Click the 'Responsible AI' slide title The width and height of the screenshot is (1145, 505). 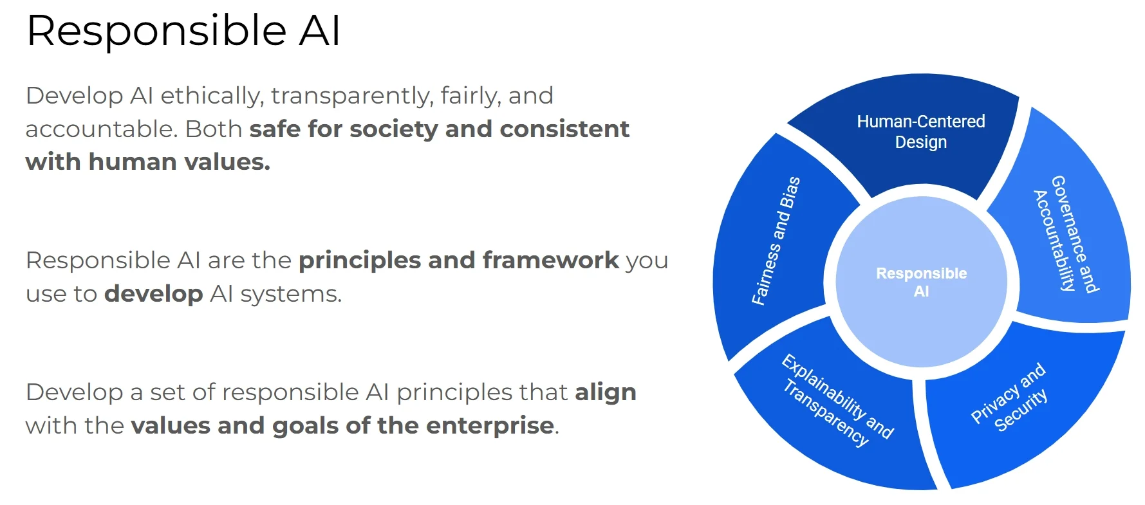tap(183, 31)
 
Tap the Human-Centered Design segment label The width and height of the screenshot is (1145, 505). tap(920, 131)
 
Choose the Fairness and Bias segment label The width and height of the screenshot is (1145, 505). tap(776, 241)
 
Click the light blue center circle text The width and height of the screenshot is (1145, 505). tap(921, 282)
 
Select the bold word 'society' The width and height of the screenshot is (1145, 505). tap(393, 129)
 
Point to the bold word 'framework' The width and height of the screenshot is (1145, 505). tap(550, 261)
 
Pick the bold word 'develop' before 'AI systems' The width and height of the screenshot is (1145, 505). tap(153, 294)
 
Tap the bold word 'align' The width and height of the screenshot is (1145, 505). tap(605, 392)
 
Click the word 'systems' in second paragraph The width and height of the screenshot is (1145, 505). tap(291, 294)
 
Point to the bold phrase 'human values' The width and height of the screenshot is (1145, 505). tap(179, 162)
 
